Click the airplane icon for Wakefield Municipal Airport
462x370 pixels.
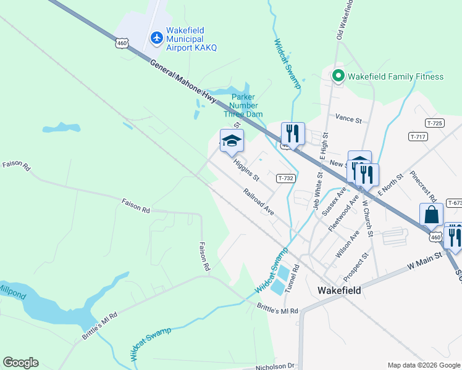(156, 38)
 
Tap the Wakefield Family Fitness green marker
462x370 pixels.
(338, 76)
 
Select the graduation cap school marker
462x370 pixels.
(232, 141)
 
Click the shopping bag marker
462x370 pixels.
(432, 215)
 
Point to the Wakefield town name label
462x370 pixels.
(339, 289)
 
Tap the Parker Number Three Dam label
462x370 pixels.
(246, 105)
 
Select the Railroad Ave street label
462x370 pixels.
(258, 202)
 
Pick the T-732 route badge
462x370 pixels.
(285, 178)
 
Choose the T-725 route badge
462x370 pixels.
(435, 123)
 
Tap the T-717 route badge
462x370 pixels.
(418, 136)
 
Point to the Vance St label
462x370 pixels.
(348, 118)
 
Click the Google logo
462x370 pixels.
(20, 363)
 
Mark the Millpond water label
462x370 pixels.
(12, 292)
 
